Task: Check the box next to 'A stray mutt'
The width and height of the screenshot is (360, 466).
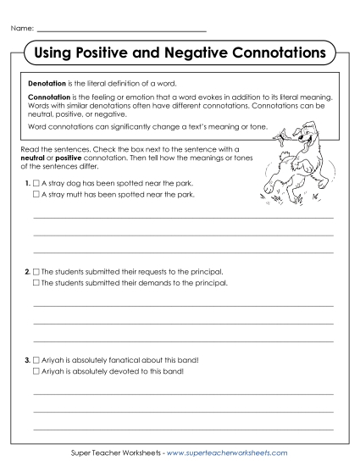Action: tap(36, 194)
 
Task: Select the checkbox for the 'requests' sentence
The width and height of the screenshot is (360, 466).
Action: tap(36, 271)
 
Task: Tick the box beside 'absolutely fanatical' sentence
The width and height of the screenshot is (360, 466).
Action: tap(36, 360)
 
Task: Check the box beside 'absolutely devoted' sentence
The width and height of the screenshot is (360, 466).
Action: tap(36, 371)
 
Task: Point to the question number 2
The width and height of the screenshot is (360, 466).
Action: tap(28, 271)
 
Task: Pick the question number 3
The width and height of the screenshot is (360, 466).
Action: tap(28, 360)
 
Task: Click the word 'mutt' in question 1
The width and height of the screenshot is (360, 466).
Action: tap(75, 194)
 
